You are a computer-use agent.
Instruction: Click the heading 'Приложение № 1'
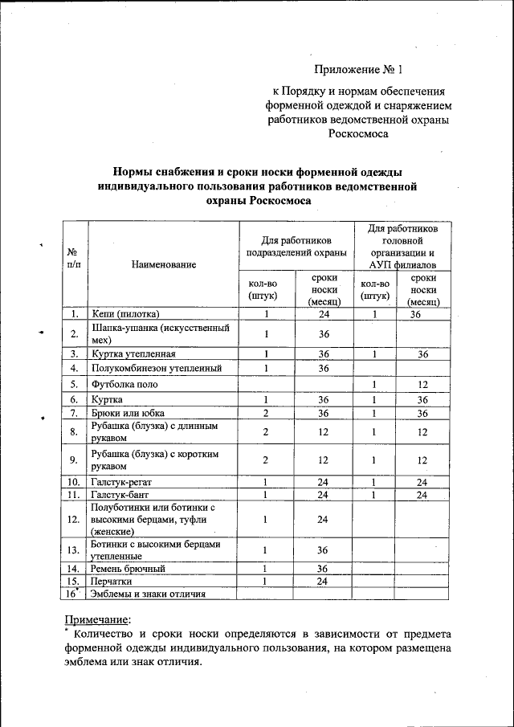354,70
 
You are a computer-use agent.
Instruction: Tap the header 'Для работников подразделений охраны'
296,246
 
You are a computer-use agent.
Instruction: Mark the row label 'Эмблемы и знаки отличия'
149,594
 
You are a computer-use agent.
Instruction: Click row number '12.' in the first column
74,520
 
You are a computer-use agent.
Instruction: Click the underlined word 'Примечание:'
96,619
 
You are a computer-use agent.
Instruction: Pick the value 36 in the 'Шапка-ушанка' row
324,333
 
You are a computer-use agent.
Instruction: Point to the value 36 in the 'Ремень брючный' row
324,569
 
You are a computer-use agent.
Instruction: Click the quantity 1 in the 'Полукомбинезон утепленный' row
266,368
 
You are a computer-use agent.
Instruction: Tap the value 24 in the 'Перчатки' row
324,581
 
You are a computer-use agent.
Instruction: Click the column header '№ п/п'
74,256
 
